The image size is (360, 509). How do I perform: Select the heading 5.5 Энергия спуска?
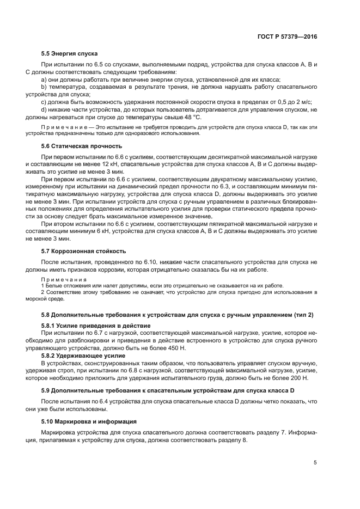[69, 54]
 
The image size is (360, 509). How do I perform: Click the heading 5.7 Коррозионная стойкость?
[83, 251]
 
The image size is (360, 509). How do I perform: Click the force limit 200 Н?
[298, 377]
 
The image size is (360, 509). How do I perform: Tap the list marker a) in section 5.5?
[44, 79]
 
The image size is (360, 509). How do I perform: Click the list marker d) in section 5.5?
[44, 108]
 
